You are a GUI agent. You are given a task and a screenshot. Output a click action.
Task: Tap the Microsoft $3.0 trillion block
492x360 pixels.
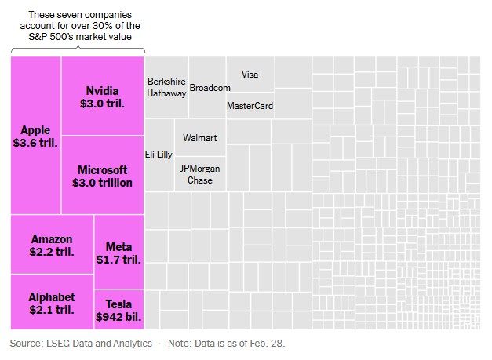pyautogui.click(x=102, y=176)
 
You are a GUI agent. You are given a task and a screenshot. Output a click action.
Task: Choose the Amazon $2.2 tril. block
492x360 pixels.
pyautogui.click(x=52, y=245)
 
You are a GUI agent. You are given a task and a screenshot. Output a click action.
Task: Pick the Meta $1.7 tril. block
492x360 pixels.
pyautogui.click(x=118, y=253)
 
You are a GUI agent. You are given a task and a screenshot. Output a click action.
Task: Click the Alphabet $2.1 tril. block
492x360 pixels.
pyautogui.click(x=52, y=303)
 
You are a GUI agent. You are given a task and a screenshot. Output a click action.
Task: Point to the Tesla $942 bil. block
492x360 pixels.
pyautogui.click(x=118, y=311)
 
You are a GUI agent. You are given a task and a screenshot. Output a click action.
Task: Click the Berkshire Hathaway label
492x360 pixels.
pyautogui.click(x=166, y=87)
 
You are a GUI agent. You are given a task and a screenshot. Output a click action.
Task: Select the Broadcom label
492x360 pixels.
pyautogui.click(x=210, y=88)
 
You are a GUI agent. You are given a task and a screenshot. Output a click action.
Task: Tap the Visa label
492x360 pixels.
pyautogui.click(x=250, y=75)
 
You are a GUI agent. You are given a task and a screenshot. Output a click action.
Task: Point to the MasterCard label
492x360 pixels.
pyautogui.click(x=250, y=106)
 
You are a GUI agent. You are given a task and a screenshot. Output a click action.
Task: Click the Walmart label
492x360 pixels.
pyautogui.click(x=199, y=138)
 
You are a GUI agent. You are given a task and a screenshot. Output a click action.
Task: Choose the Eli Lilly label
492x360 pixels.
pyautogui.click(x=159, y=155)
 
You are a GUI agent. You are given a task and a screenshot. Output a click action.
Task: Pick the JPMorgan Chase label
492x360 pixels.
pyautogui.click(x=199, y=174)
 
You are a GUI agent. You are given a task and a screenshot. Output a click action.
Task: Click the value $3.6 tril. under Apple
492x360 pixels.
pyautogui.click(x=35, y=144)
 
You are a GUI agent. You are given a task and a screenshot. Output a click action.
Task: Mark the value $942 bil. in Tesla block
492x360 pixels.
pyautogui.click(x=118, y=318)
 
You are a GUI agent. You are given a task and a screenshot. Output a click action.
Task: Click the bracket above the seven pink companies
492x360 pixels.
pyautogui.click(x=78, y=51)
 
